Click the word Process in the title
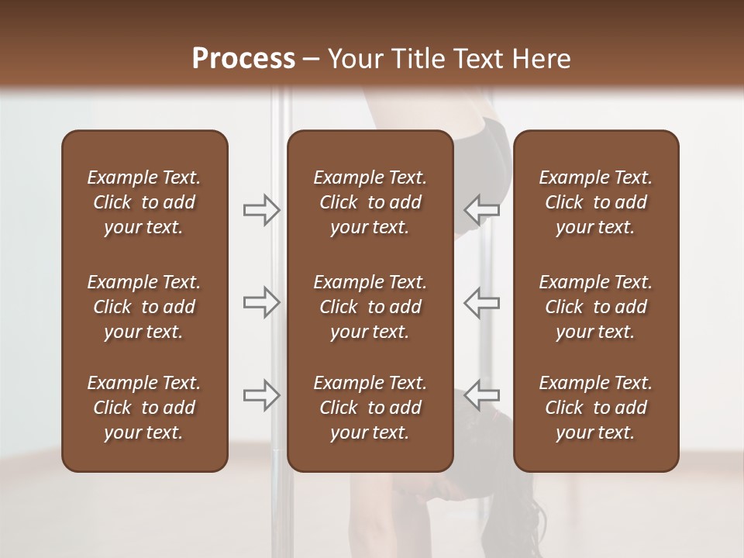(x=243, y=58)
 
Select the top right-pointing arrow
(x=262, y=209)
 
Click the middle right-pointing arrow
(x=262, y=302)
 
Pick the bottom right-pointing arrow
(x=262, y=394)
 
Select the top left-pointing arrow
(x=481, y=209)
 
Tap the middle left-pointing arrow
(x=481, y=302)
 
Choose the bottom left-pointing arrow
(x=481, y=394)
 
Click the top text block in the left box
(x=144, y=202)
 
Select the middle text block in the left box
(x=144, y=307)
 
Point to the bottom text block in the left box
(x=144, y=408)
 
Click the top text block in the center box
(x=370, y=202)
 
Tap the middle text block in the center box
(x=370, y=307)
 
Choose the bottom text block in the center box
(x=370, y=408)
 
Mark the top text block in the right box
(x=595, y=202)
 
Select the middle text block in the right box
(x=595, y=307)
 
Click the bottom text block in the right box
(x=595, y=408)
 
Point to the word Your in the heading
(x=353, y=58)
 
